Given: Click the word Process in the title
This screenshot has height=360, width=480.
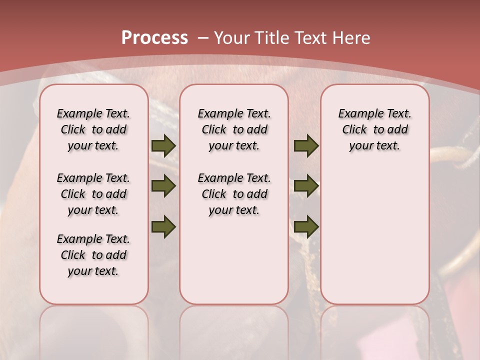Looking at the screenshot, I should click(x=154, y=38).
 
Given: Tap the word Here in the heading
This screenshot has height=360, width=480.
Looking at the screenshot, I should click(x=352, y=38).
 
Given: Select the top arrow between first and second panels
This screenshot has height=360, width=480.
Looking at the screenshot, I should click(x=163, y=145).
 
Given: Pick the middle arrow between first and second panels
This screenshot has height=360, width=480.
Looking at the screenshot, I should click(x=163, y=186).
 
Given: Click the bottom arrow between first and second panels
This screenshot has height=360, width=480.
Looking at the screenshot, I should click(x=163, y=226).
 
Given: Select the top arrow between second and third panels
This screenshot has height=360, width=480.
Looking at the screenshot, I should click(x=306, y=145).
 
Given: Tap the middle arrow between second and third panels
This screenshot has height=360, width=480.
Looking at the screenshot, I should click(x=306, y=186).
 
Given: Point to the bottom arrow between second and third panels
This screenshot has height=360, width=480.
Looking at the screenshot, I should click(x=306, y=226).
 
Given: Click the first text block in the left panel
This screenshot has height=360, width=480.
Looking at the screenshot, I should click(x=93, y=129).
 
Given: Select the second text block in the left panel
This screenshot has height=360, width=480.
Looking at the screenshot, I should click(x=93, y=194).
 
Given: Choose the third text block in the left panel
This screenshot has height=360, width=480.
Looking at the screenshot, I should click(x=93, y=255).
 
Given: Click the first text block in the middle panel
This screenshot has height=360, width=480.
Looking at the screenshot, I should click(x=234, y=129).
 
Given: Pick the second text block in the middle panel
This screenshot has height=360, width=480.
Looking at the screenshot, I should click(x=234, y=194).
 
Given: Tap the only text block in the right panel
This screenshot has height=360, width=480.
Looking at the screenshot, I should click(x=374, y=129).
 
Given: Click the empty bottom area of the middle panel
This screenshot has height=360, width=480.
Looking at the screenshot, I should click(x=234, y=265).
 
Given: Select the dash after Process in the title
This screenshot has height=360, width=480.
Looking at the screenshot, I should click(x=203, y=38).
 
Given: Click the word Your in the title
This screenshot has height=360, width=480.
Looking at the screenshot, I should click(x=232, y=38).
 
